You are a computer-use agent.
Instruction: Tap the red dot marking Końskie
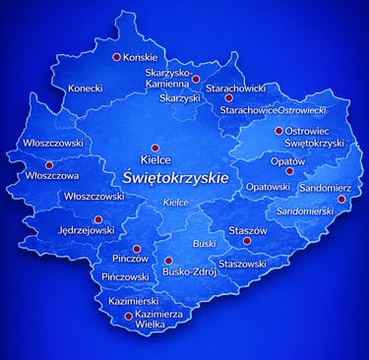[117, 57]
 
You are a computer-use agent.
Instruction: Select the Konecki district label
[85, 89]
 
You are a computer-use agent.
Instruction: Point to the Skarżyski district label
[180, 98]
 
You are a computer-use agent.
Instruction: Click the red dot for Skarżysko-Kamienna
[196, 79]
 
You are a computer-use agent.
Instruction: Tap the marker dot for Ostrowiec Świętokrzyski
[278, 130]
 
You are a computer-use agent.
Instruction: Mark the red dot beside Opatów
[288, 171]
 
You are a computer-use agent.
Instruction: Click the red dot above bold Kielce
[154, 148]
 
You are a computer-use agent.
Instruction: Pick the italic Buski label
[204, 242]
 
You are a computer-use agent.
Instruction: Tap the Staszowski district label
[242, 264]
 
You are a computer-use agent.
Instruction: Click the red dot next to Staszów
[247, 240]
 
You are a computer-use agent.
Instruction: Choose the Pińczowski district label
[125, 277]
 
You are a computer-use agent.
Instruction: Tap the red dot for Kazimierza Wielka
[129, 316]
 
